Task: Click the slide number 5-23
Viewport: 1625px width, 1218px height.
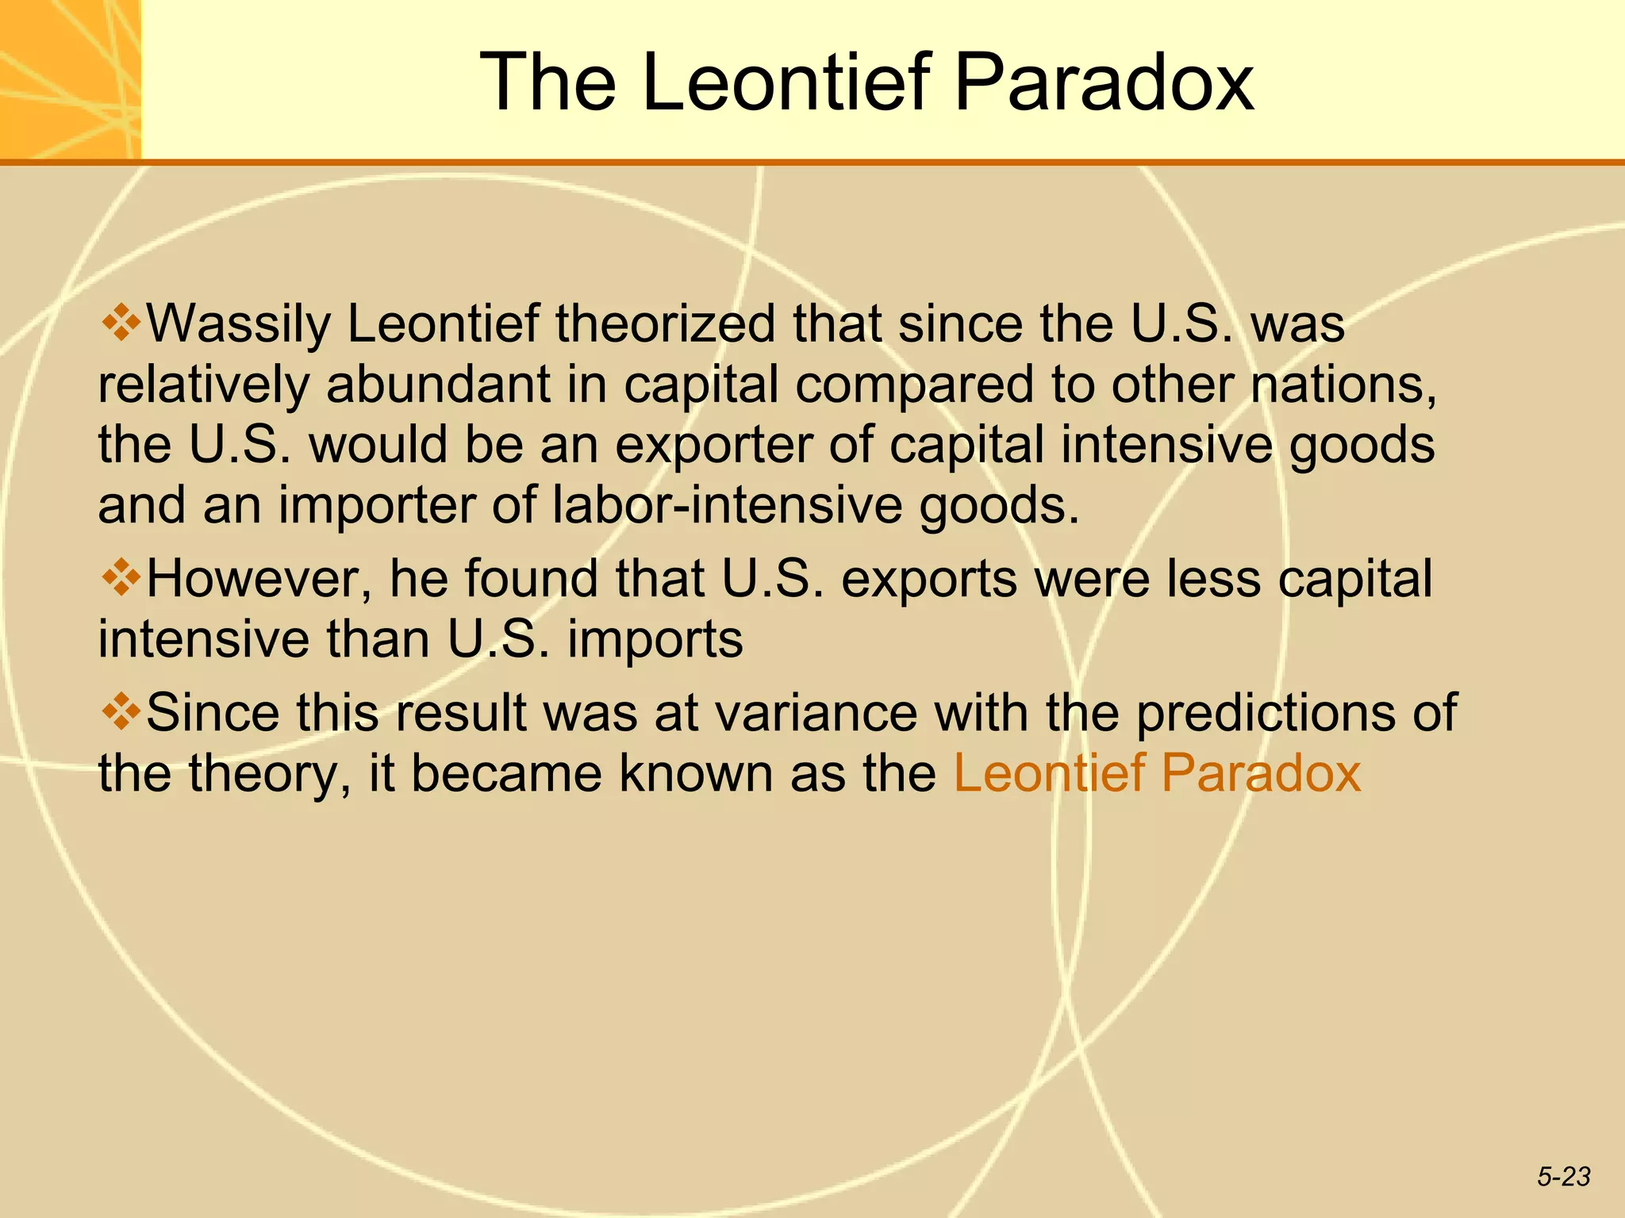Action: pyautogui.click(x=1564, y=1177)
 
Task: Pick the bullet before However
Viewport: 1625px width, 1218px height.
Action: pyautogui.click(x=121, y=576)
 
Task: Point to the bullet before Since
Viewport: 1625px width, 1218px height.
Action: pyautogui.click(x=121, y=710)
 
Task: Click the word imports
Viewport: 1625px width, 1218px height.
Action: pyautogui.click(x=655, y=639)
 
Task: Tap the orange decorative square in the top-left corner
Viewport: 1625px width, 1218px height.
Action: pyautogui.click(x=70, y=79)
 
